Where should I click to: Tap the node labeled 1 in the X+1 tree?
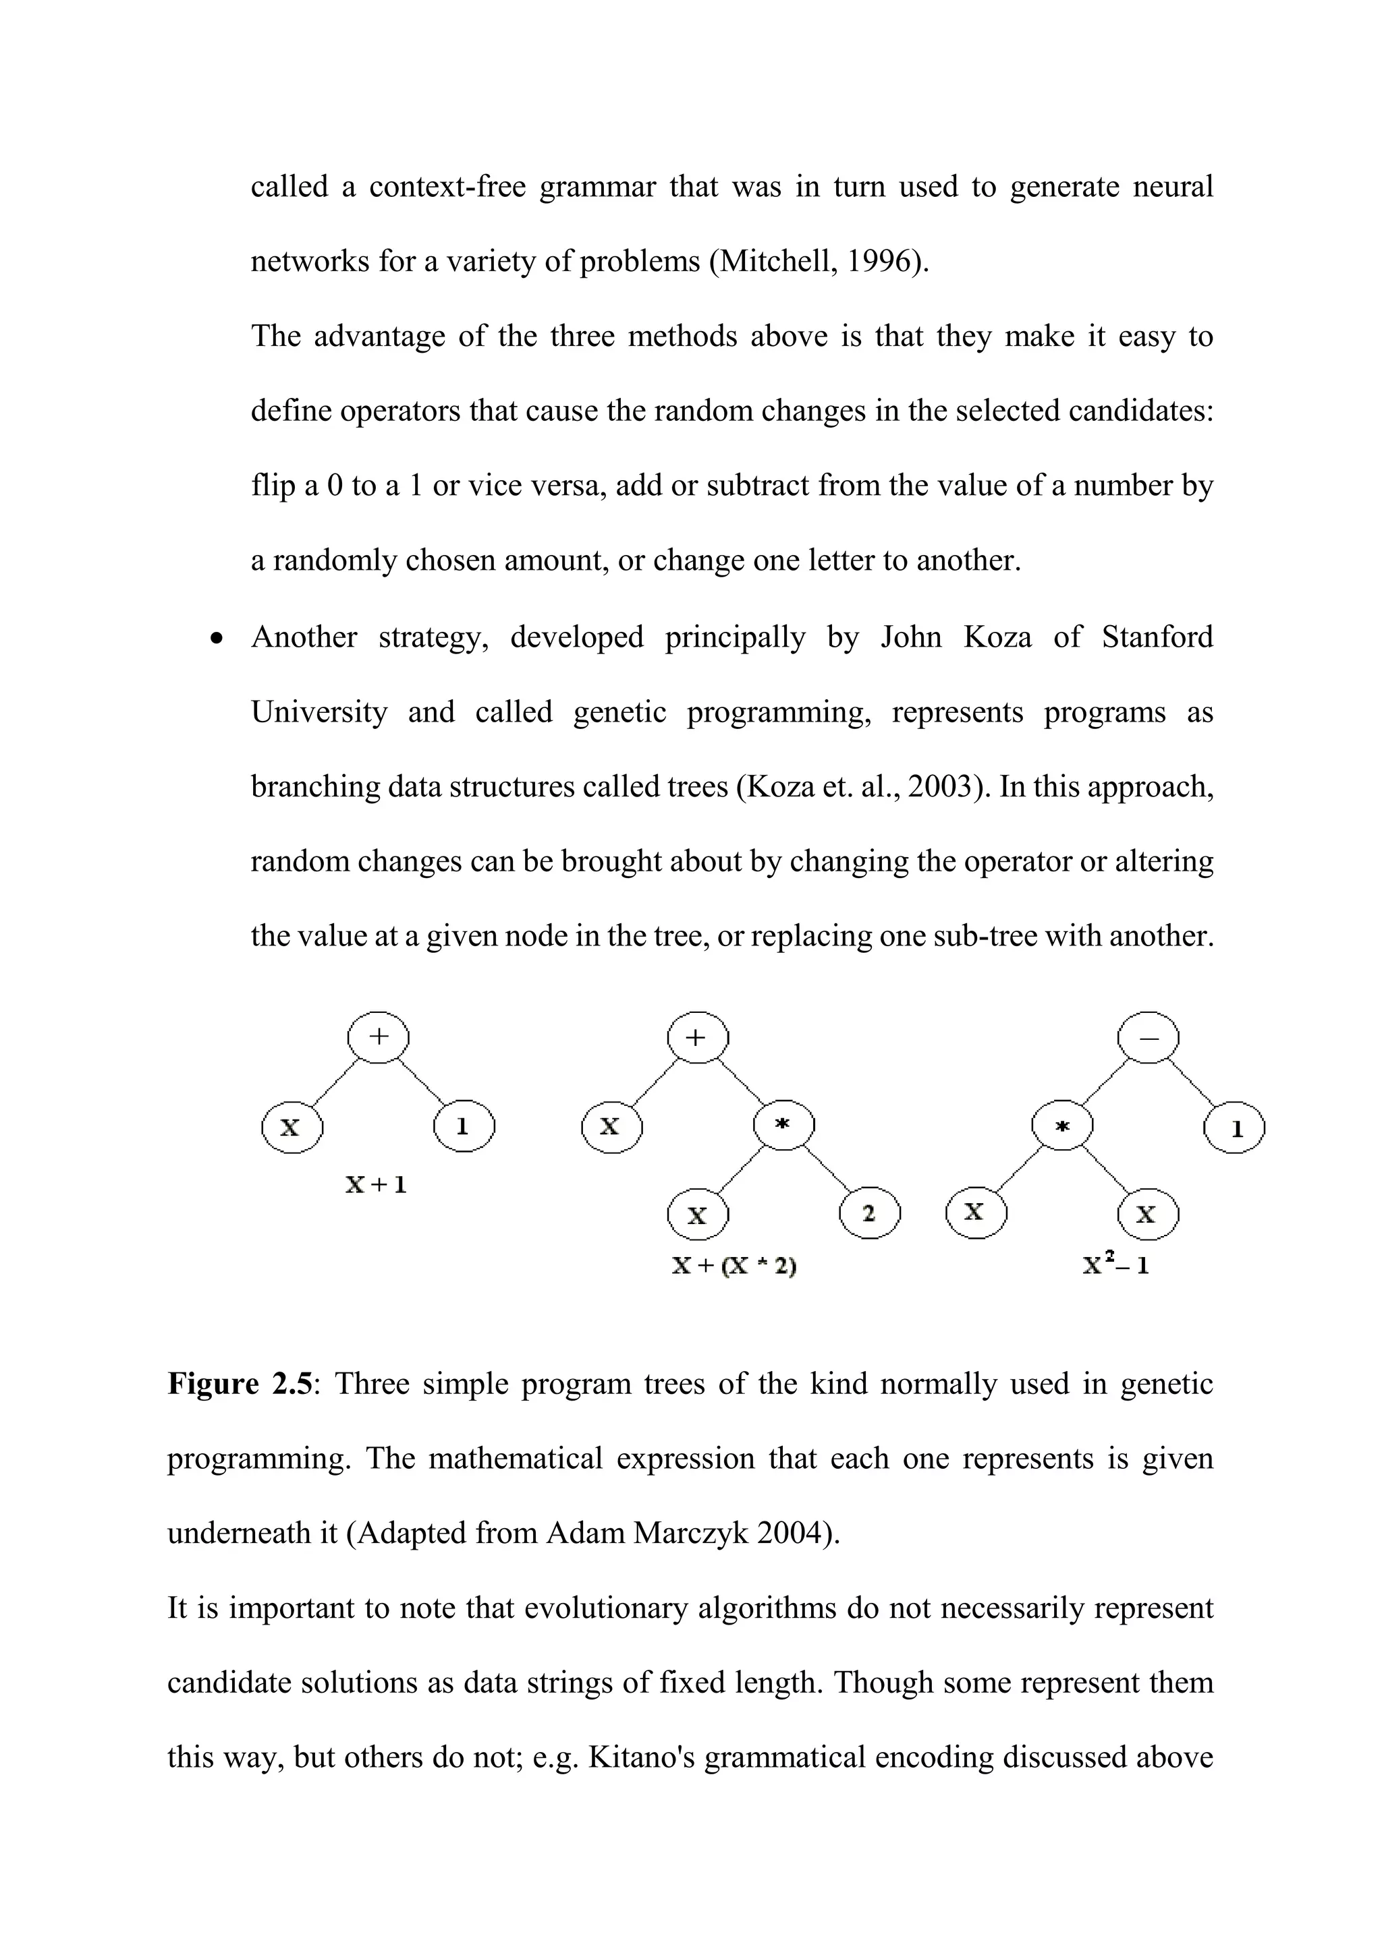[463, 1127]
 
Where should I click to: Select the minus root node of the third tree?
[1148, 1038]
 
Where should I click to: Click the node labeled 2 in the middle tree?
[869, 1214]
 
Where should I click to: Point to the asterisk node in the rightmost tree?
[1062, 1126]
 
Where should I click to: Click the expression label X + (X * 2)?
[734, 1266]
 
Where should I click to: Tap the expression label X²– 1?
[1115, 1265]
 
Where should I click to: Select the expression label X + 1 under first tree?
[376, 1184]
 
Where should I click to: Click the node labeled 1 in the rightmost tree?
[1235, 1129]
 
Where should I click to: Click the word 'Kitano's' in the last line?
[642, 1757]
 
